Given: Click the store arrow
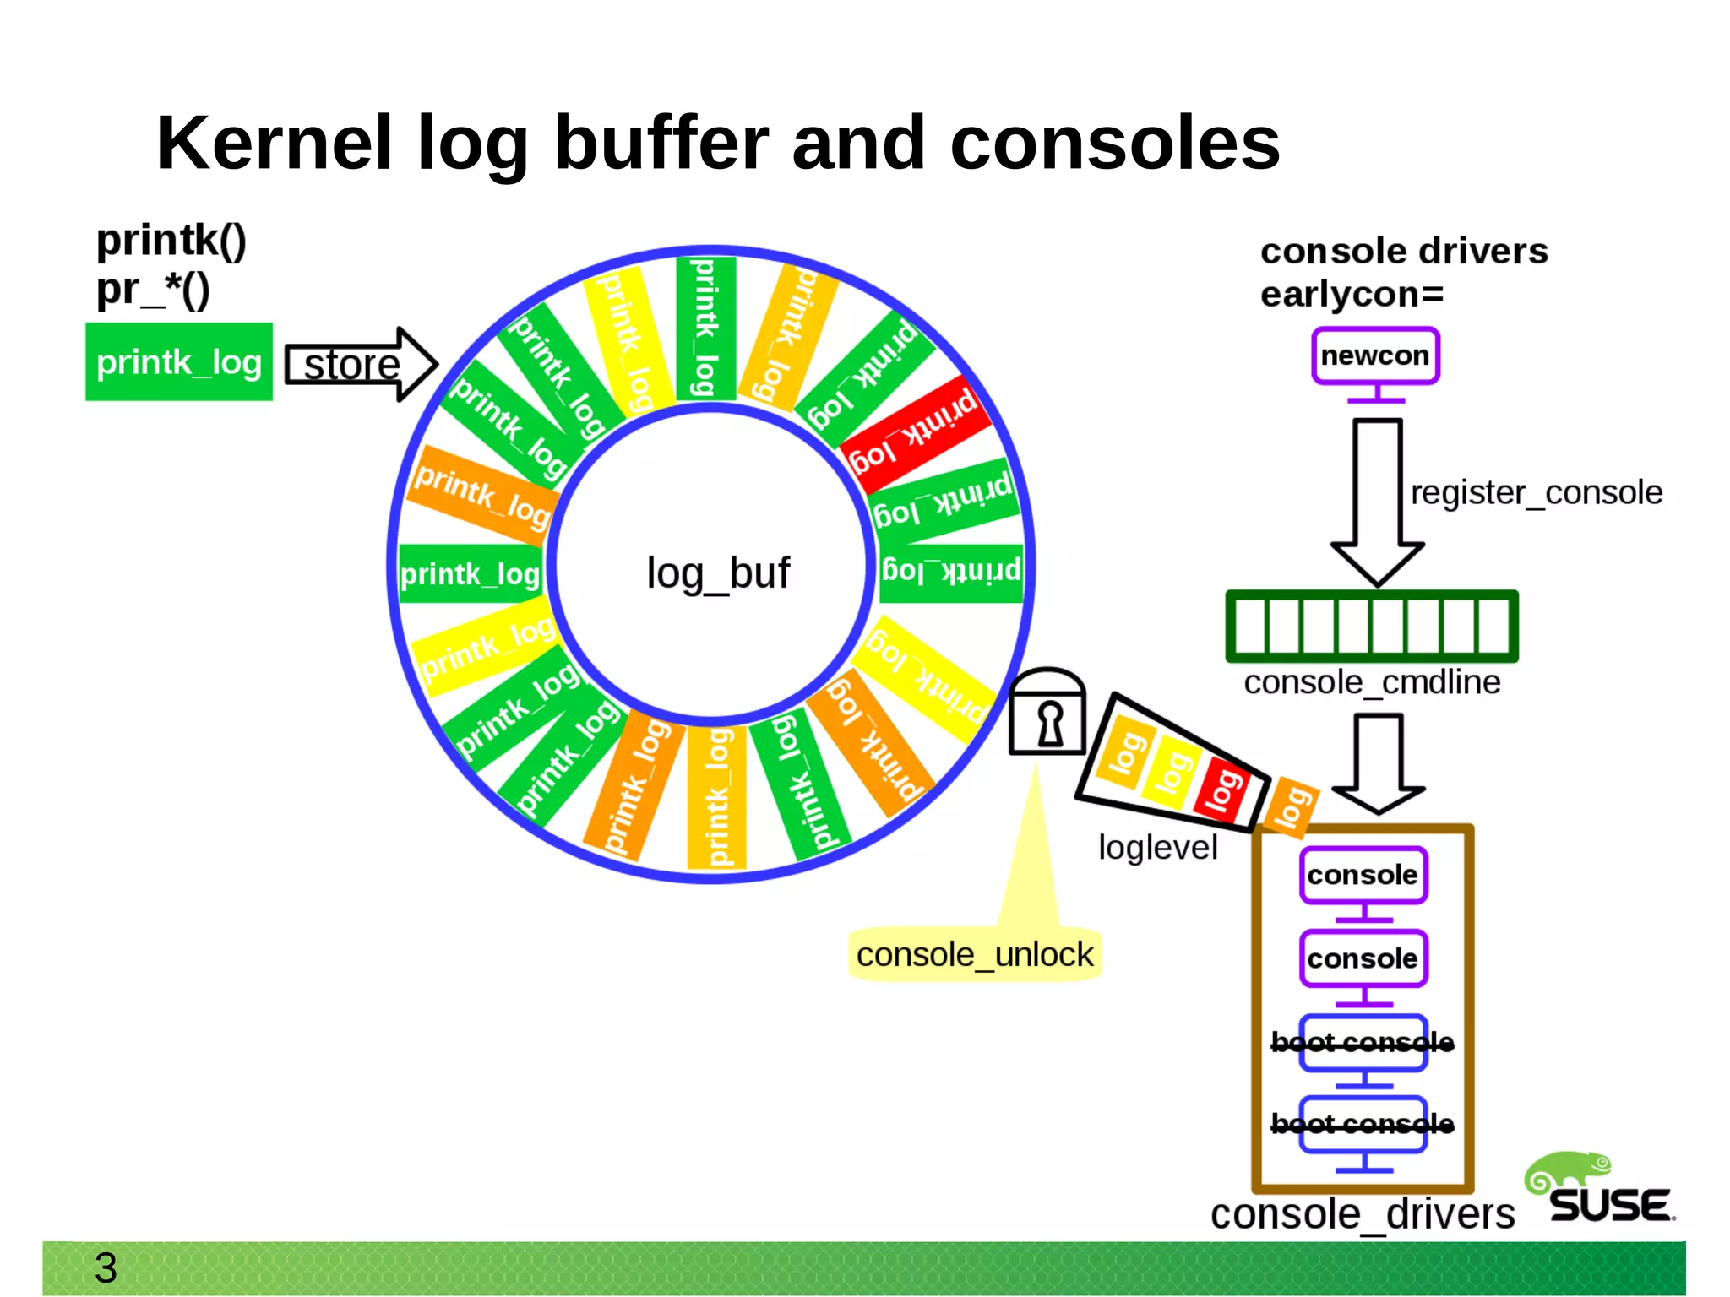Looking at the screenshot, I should (x=359, y=365).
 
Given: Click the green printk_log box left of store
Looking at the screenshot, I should (x=179, y=362).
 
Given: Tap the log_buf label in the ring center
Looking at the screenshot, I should (x=717, y=573).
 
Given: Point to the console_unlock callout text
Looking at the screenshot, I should (x=974, y=955).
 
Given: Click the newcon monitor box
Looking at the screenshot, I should (x=1374, y=355).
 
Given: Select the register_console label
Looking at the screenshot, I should (x=1536, y=492).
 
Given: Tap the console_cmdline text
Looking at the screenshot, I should (x=1372, y=682).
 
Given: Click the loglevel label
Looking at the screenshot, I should (x=1157, y=848).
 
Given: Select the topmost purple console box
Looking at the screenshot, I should (x=1363, y=875).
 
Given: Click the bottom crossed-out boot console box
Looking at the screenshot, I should (x=1363, y=1124).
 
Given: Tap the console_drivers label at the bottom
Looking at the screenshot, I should (x=1362, y=1214).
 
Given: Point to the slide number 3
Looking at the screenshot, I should (x=106, y=1267).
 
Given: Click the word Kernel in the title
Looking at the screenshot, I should (x=275, y=144).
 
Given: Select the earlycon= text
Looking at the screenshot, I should (x=1352, y=295).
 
